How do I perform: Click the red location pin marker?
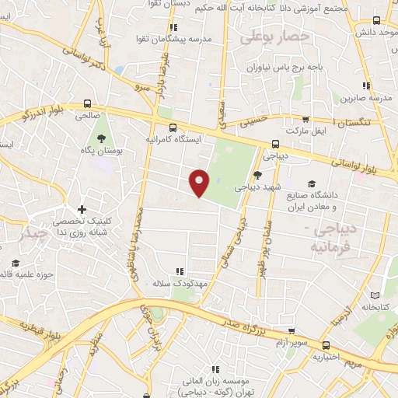(x=200, y=182)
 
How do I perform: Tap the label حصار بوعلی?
(x=274, y=36)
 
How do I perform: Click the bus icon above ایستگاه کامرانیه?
(x=173, y=127)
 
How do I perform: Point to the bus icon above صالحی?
(x=88, y=103)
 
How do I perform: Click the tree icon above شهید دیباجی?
(x=257, y=175)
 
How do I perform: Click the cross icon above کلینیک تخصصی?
(x=82, y=210)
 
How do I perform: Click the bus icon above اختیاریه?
(x=325, y=346)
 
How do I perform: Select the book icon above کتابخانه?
(x=376, y=295)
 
